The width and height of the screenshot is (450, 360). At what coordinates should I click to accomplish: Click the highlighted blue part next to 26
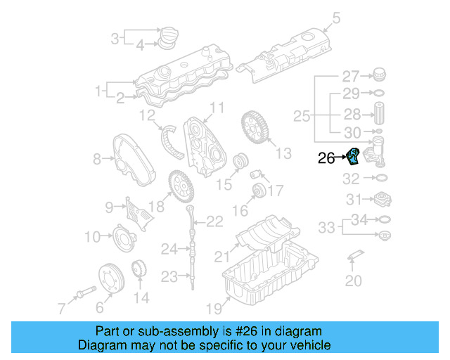point(354,156)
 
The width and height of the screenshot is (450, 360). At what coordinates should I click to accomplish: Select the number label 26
point(326,159)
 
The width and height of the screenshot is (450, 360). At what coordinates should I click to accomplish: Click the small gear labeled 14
point(139,270)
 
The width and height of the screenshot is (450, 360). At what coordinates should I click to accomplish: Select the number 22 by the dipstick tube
point(214,222)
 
